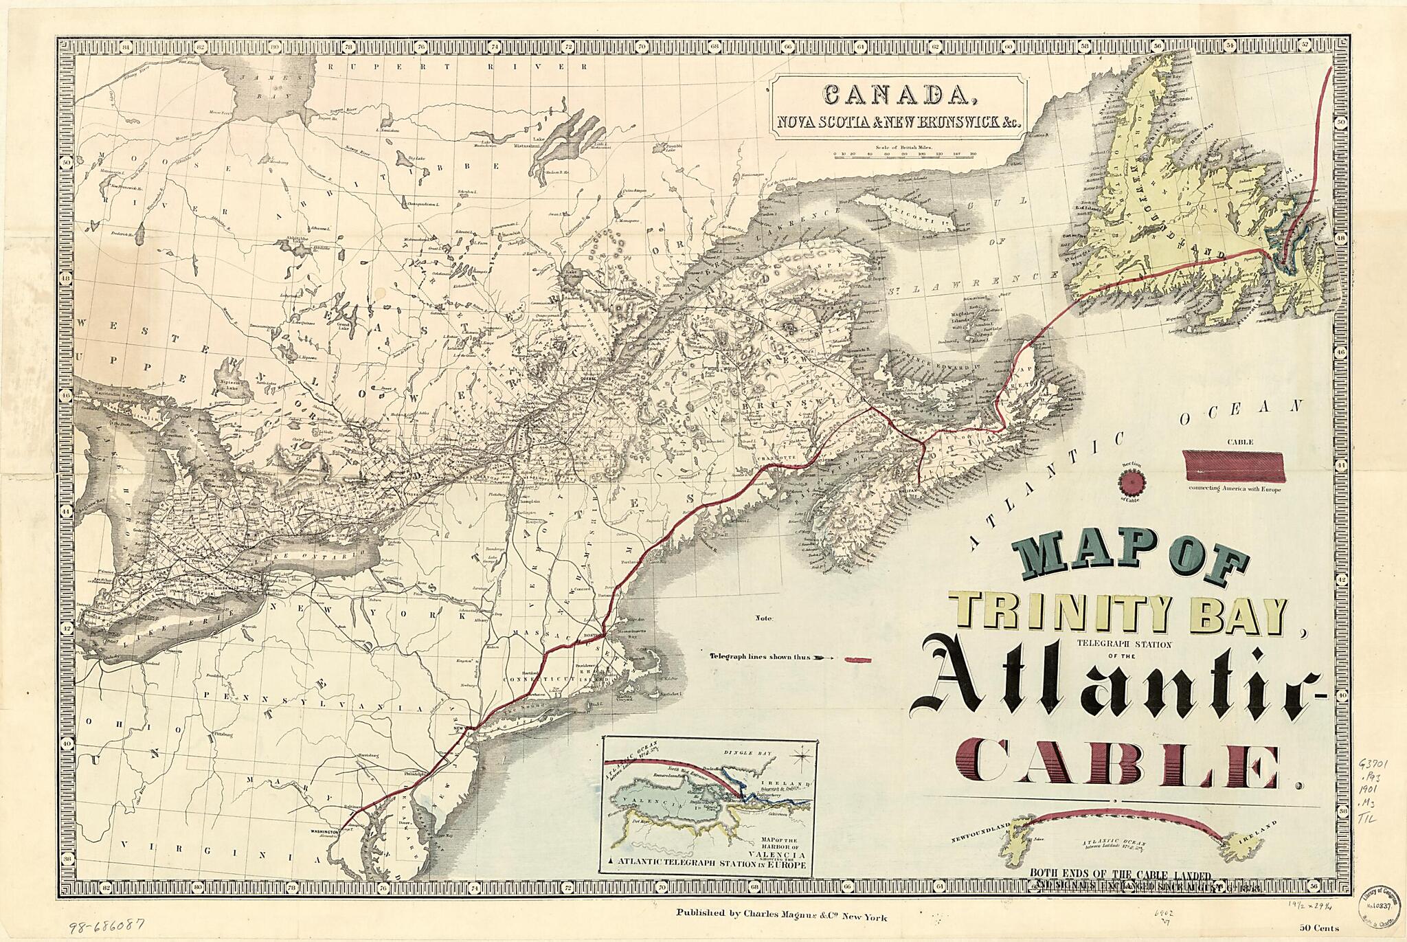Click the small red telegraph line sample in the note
(857, 660)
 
